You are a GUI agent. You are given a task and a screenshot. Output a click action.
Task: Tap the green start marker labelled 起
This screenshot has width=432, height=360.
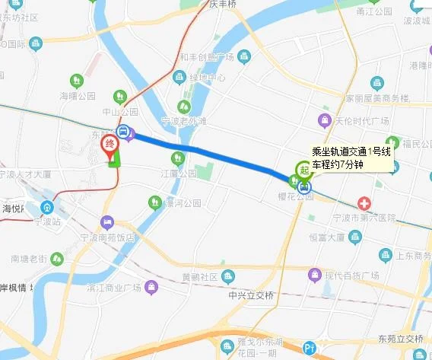tap(304, 170)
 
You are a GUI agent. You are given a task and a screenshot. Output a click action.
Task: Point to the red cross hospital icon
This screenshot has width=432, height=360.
tap(366, 205)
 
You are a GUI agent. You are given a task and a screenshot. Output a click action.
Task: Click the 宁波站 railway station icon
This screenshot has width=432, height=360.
tap(46, 208)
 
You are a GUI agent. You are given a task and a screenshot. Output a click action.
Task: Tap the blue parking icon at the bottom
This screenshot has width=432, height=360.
tap(308, 349)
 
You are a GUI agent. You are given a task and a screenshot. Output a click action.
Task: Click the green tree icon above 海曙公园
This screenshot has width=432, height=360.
tap(76, 80)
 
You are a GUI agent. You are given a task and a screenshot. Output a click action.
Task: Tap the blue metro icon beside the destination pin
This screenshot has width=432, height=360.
tap(125, 131)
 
